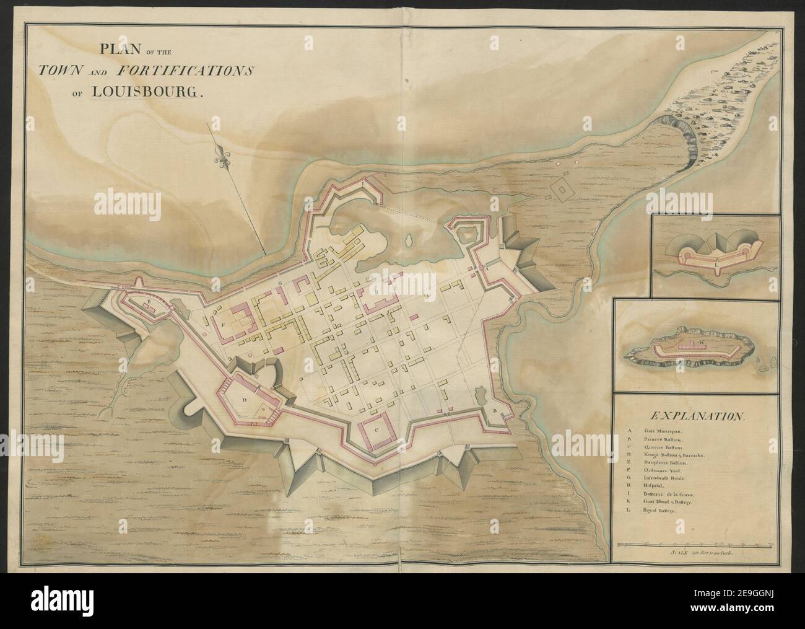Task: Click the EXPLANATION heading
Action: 694,417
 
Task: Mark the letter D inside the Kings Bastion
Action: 244,400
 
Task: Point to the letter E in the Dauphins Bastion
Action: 150,301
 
